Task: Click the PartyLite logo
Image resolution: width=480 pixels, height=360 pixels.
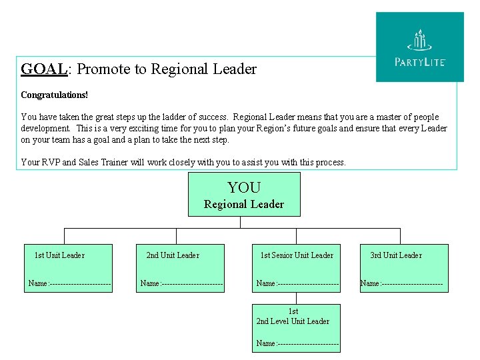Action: tap(420, 47)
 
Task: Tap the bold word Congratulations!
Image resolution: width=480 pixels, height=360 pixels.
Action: tap(54, 95)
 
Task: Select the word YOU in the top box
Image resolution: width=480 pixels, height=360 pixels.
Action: tap(244, 188)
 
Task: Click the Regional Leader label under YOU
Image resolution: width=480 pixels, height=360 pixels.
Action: tap(244, 205)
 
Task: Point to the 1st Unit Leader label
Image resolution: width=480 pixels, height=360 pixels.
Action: tap(59, 255)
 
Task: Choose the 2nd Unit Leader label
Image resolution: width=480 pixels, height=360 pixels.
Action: tap(173, 255)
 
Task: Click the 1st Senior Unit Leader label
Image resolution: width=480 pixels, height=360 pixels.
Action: tap(297, 255)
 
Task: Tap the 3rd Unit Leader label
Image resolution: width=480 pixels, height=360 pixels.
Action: tap(396, 255)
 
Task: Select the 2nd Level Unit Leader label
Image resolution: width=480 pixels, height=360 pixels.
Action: tap(293, 321)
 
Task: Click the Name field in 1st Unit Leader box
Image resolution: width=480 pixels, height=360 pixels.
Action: tap(69, 284)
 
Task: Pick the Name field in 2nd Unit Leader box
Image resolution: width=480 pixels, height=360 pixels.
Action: tap(181, 284)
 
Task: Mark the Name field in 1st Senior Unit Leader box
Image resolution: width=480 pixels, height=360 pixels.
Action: tap(297, 284)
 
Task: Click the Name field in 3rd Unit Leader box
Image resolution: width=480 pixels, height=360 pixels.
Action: tap(401, 284)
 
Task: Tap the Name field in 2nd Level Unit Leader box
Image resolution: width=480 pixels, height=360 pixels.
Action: tap(297, 344)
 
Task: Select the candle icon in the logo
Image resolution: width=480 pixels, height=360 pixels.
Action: tap(419, 39)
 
